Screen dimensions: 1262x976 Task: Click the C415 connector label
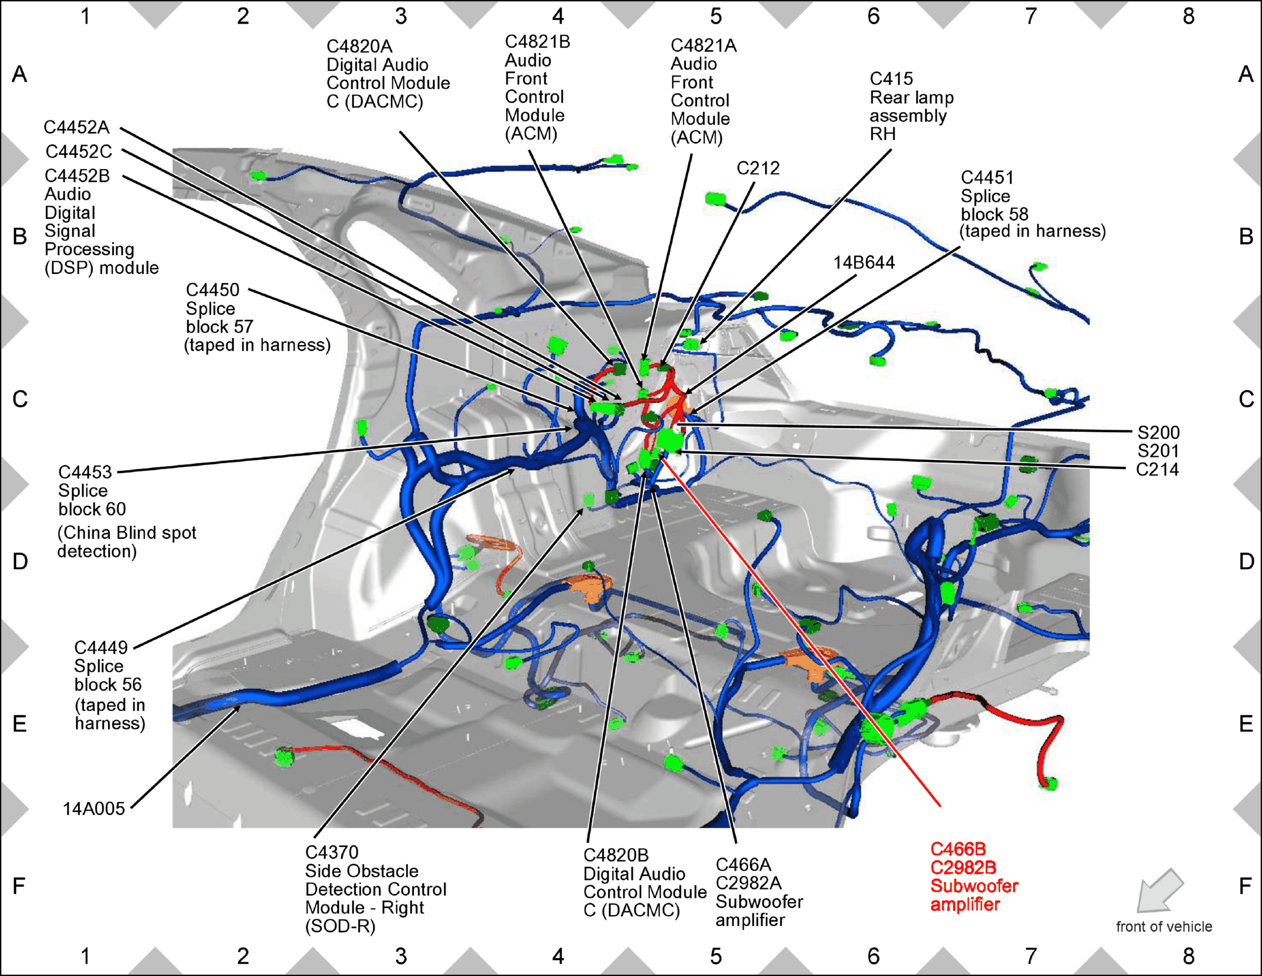(x=891, y=79)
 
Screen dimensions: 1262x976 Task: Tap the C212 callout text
(x=758, y=168)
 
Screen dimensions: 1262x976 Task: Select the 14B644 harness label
(x=864, y=263)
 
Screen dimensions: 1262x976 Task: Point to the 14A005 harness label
(x=94, y=809)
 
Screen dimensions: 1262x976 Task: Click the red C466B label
(x=958, y=849)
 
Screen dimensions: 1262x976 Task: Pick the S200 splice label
(x=1158, y=433)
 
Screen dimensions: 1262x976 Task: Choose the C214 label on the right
(x=1157, y=470)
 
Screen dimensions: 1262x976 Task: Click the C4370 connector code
(x=332, y=853)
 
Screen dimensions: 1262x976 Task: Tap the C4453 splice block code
(x=85, y=472)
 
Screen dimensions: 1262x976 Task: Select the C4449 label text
(x=101, y=648)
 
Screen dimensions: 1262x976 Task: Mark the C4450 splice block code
(x=213, y=290)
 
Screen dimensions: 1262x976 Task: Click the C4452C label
(x=79, y=152)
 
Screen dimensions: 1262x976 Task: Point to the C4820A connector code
(x=360, y=47)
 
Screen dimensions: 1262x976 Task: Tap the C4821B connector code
(x=537, y=42)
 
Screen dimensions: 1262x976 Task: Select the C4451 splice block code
(x=987, y=178)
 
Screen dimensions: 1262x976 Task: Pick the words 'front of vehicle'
(x=1164, y=927)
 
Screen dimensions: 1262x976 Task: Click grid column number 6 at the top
(x=873, y=17)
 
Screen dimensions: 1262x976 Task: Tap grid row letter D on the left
(x=20, y=561)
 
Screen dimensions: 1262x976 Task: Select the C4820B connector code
(x=616, y=856)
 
